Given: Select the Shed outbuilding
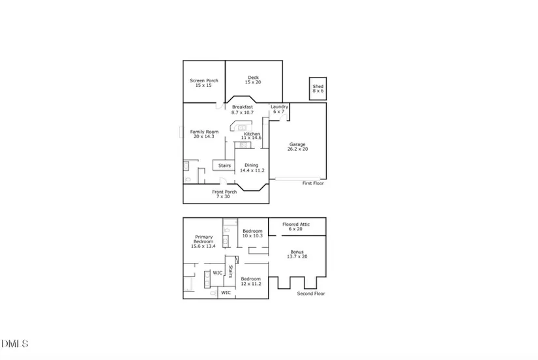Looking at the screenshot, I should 318,89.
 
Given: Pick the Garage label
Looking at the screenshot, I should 297,144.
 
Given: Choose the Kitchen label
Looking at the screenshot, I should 252,134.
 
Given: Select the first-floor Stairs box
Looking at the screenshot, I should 224,166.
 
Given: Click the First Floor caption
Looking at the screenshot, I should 313,183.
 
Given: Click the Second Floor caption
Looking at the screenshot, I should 311,293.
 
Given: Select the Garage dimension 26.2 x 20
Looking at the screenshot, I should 297,149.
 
